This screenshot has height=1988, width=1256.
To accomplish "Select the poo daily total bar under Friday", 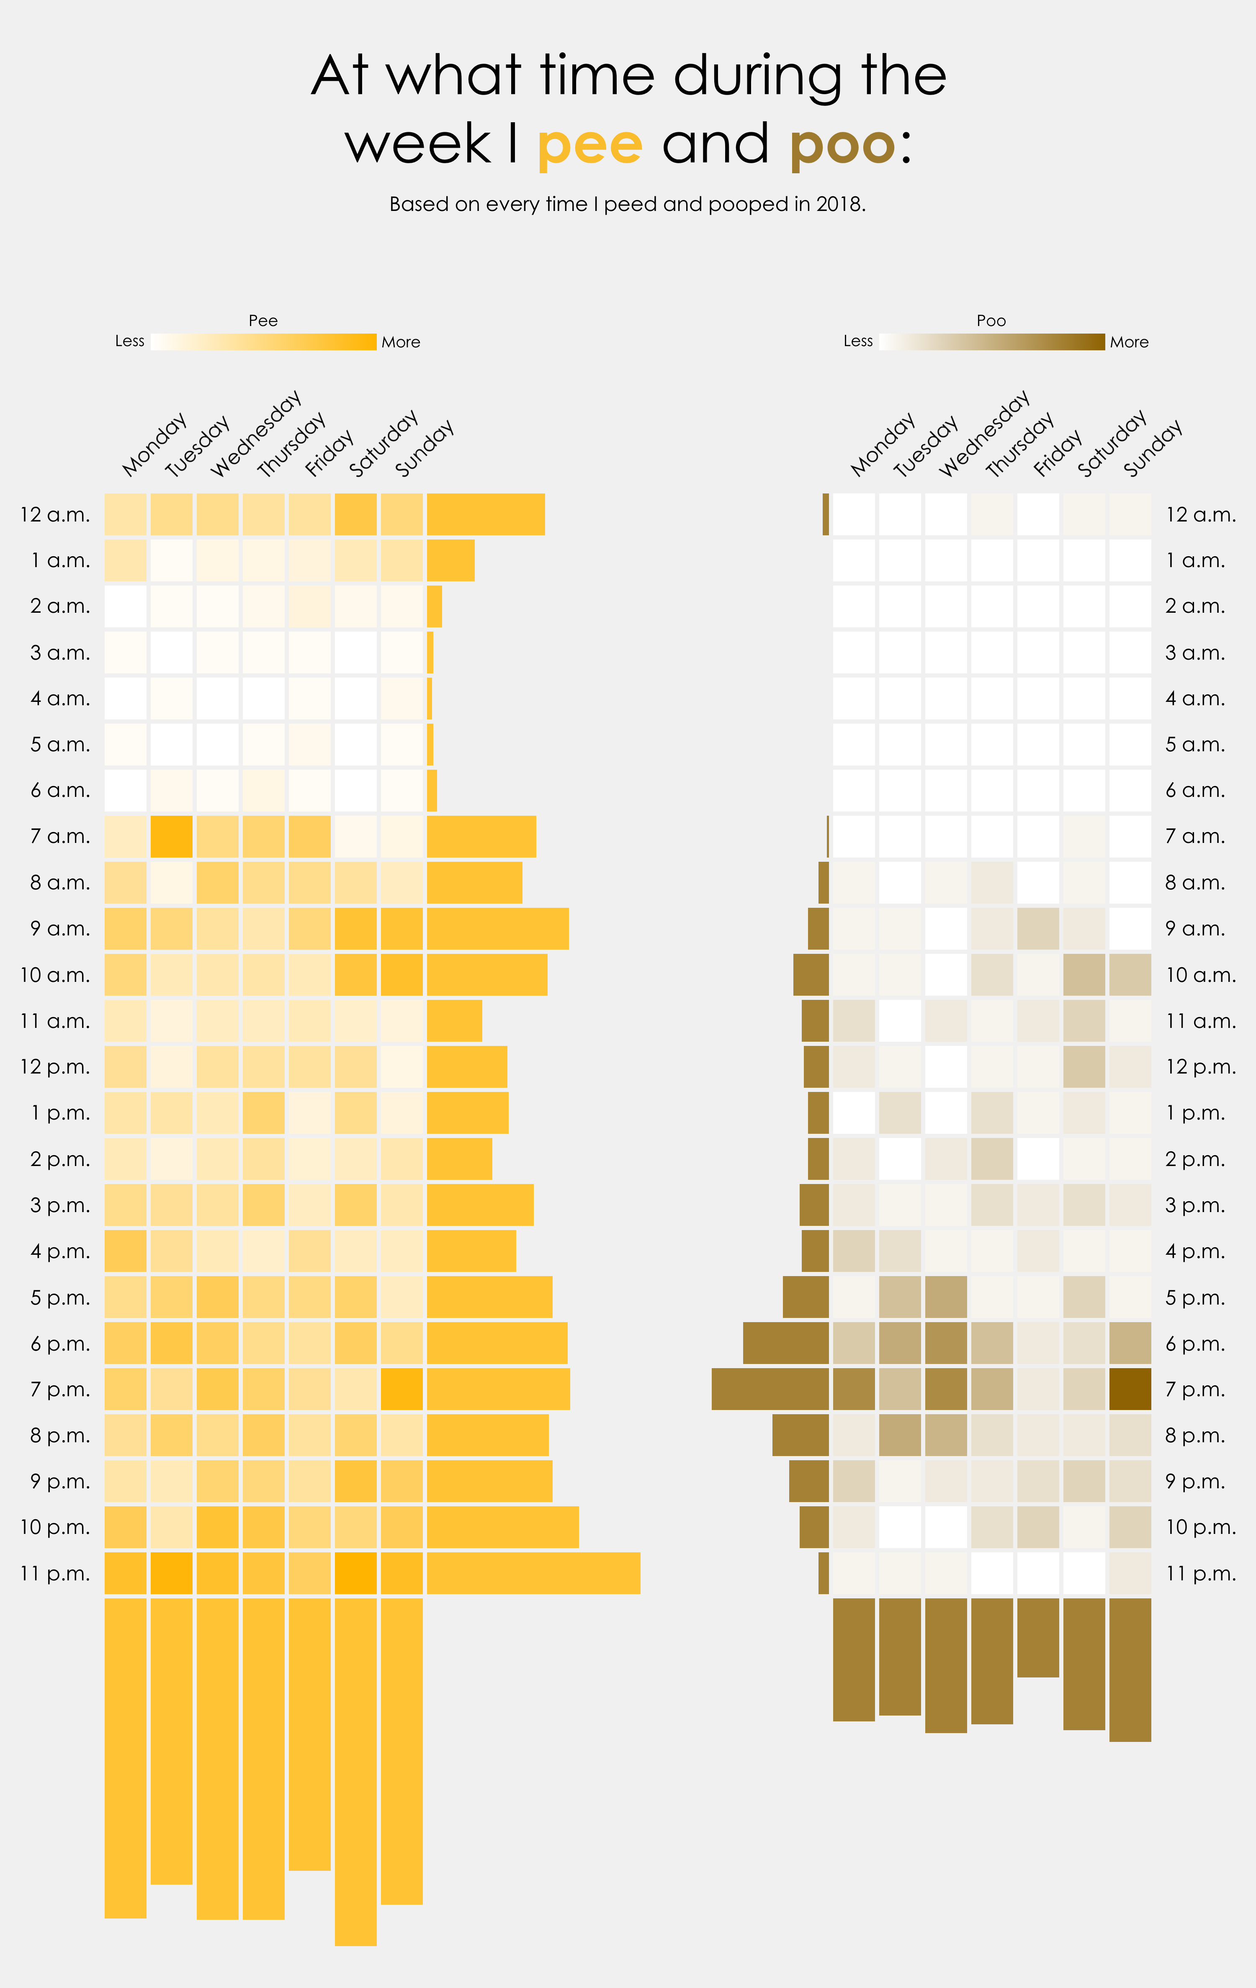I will click(1038, 1637).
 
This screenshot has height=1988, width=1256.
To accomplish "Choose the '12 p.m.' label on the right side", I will click(1201, 1068).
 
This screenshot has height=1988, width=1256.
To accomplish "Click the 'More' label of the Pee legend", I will click(401, 342).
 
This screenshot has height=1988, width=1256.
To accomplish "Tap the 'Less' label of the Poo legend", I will click(858, 341).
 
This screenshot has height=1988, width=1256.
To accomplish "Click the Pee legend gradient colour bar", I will click(263, 342).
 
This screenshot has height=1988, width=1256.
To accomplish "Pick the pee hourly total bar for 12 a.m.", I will click(486, 514).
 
